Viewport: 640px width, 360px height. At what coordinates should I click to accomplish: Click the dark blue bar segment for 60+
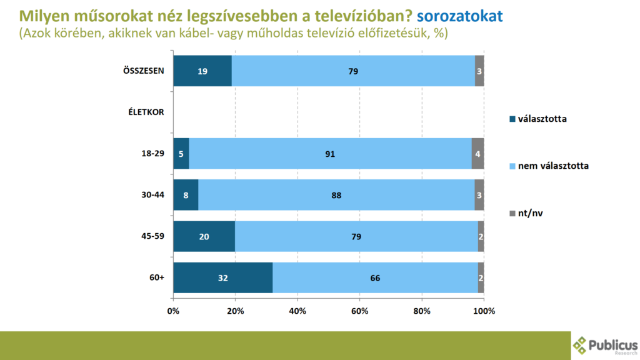(222, 278)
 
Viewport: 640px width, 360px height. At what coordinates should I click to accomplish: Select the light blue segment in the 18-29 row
(330, 154)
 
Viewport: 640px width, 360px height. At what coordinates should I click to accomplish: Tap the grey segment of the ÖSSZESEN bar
(479, 71)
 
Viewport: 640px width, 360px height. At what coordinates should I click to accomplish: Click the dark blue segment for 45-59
(204, 237)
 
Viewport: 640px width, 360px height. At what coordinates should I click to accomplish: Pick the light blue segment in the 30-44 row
(336, 195)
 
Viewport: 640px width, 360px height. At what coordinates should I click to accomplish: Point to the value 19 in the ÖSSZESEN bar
(203, 71)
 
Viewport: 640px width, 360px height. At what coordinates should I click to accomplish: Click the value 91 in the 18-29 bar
(331, 154)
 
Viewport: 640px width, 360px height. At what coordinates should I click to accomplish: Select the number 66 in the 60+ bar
(375, 278)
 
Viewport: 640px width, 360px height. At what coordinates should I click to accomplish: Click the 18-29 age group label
(152, 154)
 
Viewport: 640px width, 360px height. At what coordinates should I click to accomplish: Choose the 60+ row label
(156, 278)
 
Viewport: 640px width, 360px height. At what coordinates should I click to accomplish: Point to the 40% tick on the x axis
(297, 311)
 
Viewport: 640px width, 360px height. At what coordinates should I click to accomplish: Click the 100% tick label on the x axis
(484, 311)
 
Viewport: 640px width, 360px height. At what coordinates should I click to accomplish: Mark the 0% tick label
(173, 311)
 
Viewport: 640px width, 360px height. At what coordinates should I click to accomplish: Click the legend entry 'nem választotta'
(552, 166)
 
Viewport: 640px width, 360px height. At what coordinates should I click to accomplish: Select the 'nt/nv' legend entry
(531, 213)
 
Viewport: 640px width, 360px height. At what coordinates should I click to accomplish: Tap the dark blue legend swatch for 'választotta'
(512, 119)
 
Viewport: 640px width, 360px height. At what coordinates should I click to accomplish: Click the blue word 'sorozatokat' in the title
(459, 16)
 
